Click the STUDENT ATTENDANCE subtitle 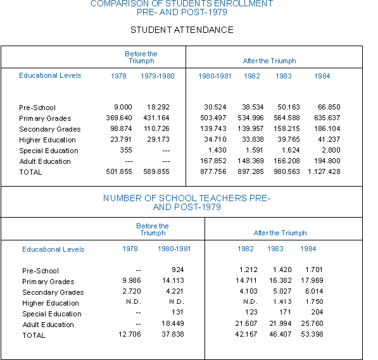(x=182, y=30)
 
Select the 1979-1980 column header (x=158, y=76)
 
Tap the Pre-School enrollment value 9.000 (x=123, y=107)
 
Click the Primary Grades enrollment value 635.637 (x=327, y=118)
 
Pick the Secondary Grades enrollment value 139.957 (x=251, y=128)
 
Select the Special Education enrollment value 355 (x=126, y=150)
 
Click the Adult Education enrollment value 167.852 (x=213, y=161)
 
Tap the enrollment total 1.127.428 (x=324, y=171)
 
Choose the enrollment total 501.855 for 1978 (x=119, y=171)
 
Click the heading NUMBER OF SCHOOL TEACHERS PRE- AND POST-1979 (x=187, y=202)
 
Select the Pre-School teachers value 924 (x=178, y=270)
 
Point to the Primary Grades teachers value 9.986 (x=132, y=280)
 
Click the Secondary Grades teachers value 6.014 (x=314, y=291)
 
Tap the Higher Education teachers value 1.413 (x=282, y=302)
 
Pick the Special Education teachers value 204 (x=317, y=312)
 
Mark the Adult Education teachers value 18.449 (x=173, y=323)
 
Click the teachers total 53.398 (x=312, y=334)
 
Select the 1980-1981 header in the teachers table (x=174, y=249)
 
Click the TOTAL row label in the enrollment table (x=30, y=172)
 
